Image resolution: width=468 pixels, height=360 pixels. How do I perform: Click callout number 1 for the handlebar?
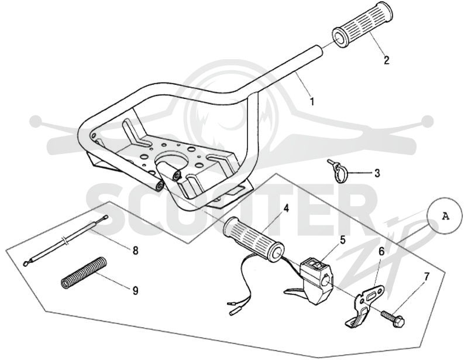click(x=312, y=102)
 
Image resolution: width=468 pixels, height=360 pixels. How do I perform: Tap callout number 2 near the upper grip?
click(x=387, y=60)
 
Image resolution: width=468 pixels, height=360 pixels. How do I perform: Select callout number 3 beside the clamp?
click(x=377, y=173)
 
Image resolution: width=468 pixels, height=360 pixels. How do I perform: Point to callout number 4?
click(x=286, y=208)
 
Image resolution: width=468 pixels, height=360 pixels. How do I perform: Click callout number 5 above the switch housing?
click(x=342, y=240)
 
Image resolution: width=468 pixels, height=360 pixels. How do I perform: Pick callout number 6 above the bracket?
click(x=381, y=252)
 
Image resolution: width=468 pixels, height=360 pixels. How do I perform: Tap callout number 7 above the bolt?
click(x=426, y=277)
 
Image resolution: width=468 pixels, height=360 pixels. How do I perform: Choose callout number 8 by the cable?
click(x=136, y=251)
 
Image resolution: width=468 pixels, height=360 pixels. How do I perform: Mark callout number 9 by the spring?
click(x=136, y=290)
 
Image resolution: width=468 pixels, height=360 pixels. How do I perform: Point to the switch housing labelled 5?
click(x=314, y=274)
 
